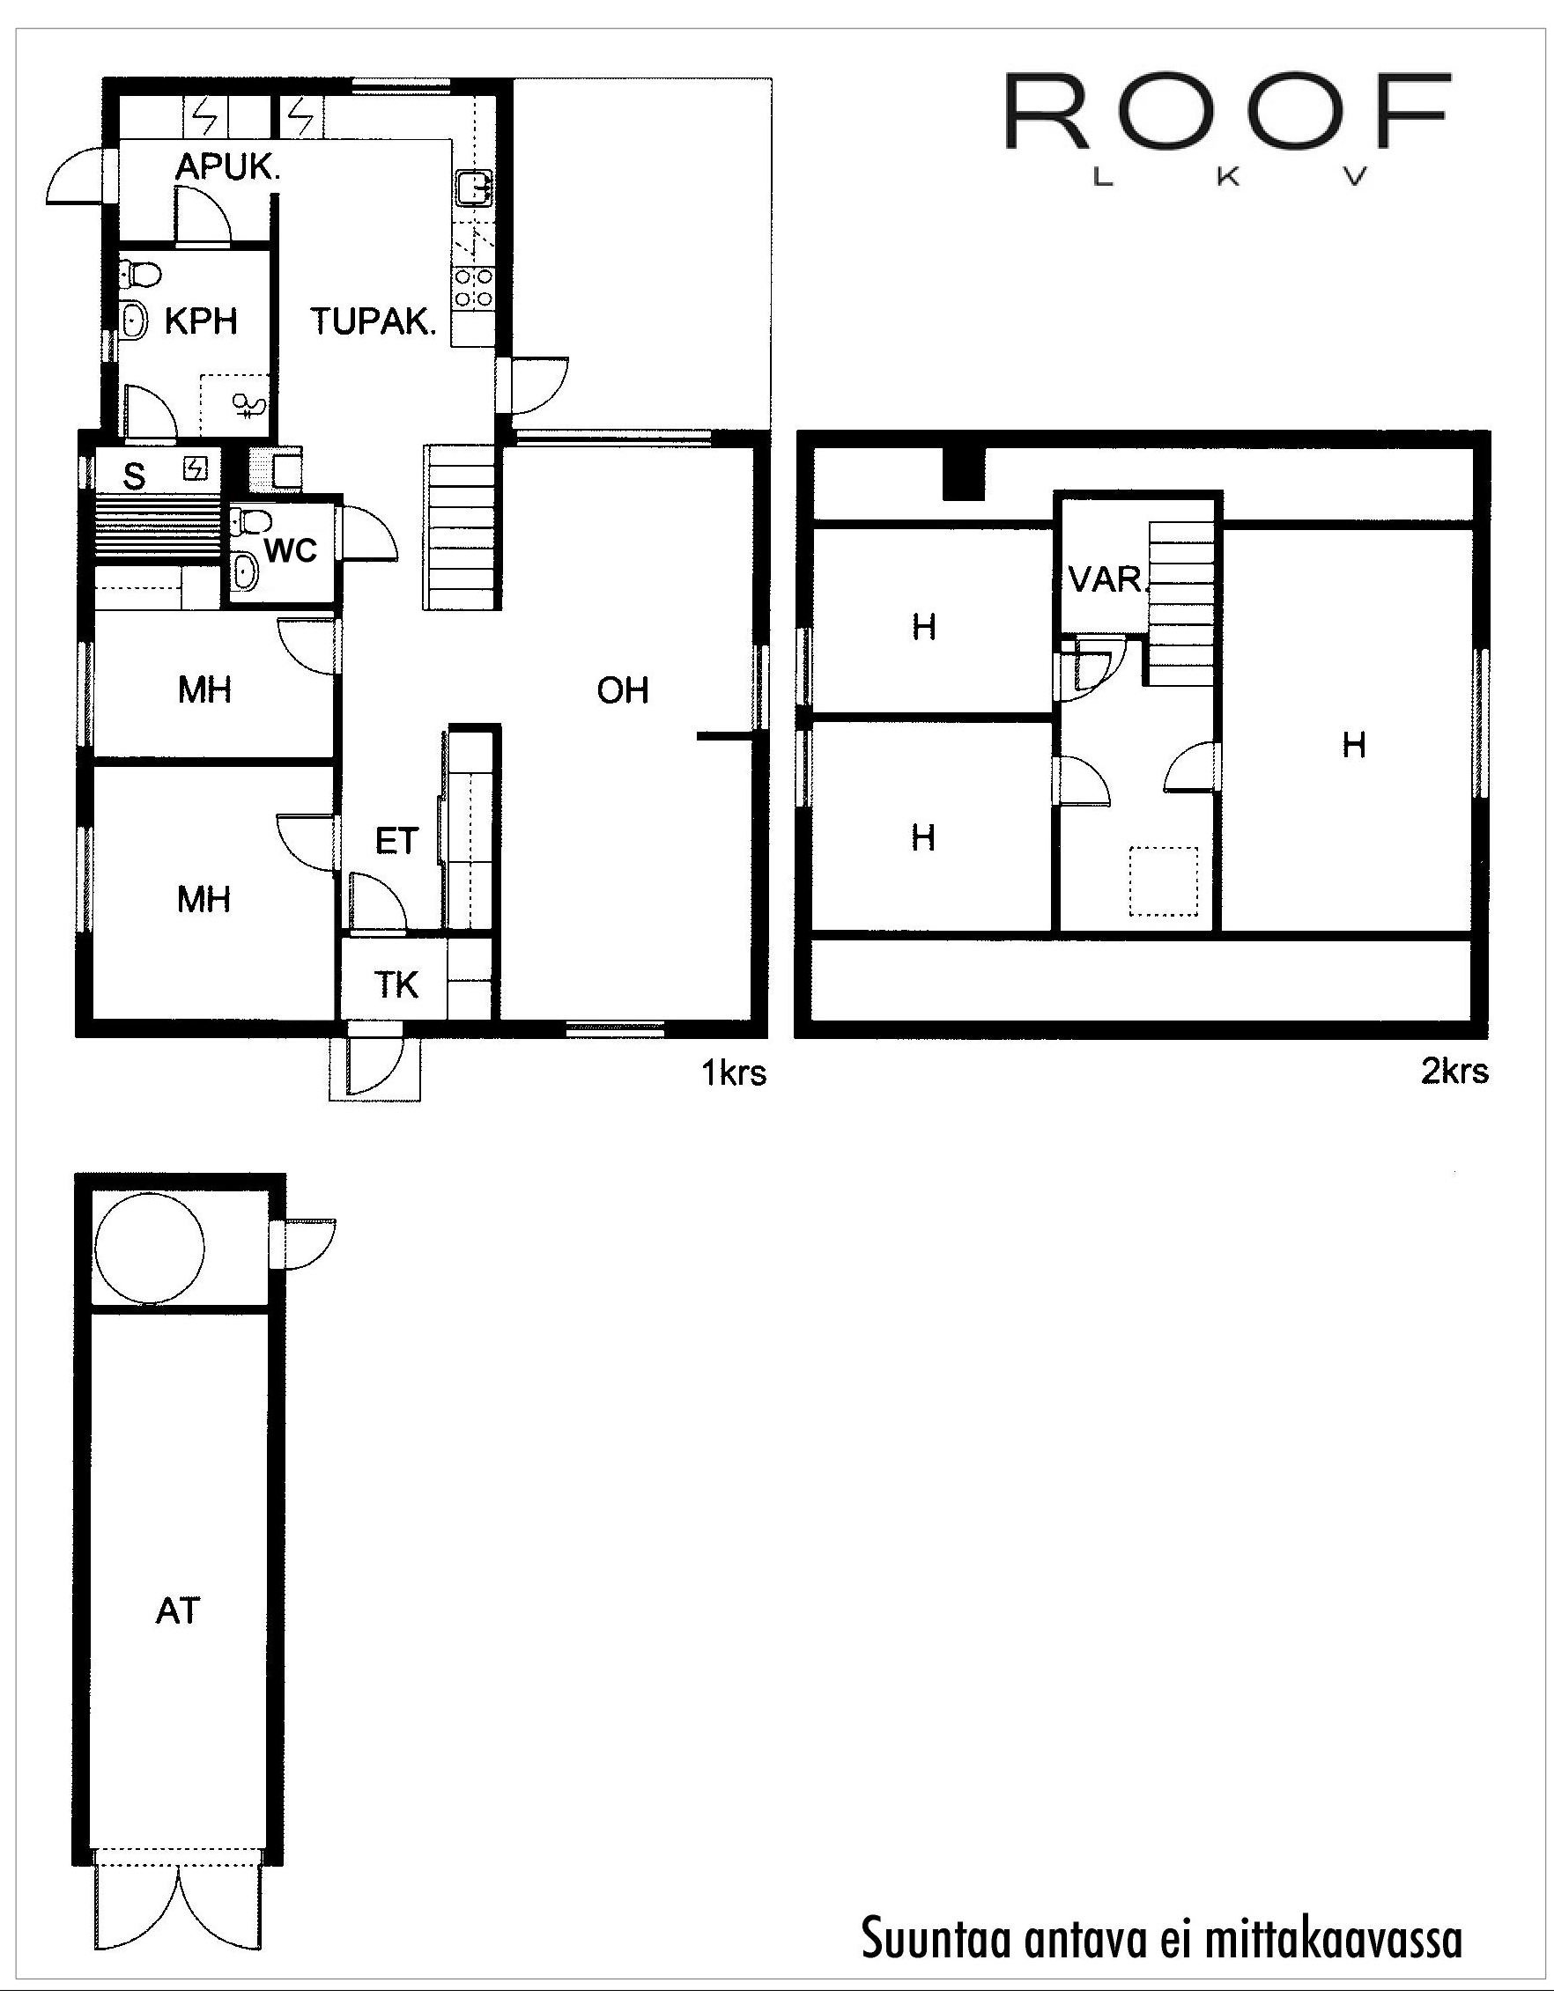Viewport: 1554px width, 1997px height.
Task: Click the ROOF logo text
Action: coord(1226,113)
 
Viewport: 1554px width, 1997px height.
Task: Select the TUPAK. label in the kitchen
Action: coord(373,322)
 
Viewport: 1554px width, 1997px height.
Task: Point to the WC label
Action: coord(292,550)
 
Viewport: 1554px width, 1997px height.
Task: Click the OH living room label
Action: coord(623,691)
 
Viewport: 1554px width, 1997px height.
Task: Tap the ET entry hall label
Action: coord(396,840)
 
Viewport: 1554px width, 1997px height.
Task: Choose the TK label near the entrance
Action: coord(397,984)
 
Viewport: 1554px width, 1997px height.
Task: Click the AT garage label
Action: coord(177,1611)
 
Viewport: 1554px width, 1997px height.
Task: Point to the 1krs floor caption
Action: coord(734,1072)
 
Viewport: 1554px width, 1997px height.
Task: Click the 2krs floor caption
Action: coord(1454,1071)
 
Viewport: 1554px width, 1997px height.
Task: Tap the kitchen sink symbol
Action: coord(474,188)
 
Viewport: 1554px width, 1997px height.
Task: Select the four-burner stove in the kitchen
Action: coord(474,286)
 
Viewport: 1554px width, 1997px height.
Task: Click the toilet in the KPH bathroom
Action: coord(140,272)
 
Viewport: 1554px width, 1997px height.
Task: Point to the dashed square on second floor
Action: coord(1164,881)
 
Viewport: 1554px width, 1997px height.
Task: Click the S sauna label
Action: coord(135,475)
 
